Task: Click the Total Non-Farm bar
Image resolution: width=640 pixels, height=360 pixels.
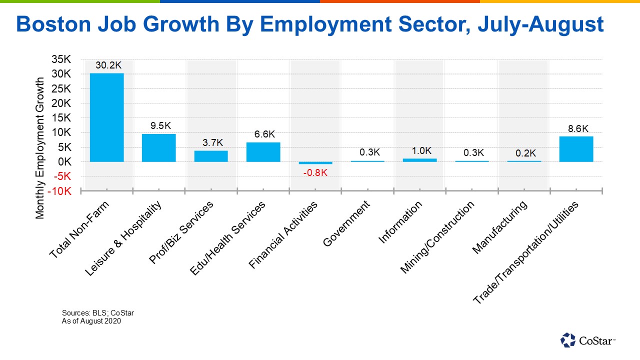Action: pos(106,117)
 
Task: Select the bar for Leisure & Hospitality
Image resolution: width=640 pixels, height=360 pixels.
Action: pos(158,147)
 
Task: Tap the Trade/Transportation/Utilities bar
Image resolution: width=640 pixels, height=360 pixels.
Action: pos(576,149)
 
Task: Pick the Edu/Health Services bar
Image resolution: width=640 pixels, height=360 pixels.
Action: pos(263,152)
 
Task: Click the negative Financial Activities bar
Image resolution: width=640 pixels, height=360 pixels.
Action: pos(315,163)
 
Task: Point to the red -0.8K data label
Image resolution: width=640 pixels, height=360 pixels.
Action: pos(315,173)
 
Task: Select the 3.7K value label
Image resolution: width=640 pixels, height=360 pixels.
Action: pos(210,142)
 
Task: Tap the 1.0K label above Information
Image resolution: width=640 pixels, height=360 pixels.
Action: pos(419,150)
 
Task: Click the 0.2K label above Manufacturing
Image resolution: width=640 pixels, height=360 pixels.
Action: pos(524,152)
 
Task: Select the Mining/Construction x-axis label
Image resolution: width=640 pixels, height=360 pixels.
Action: pos(437,237)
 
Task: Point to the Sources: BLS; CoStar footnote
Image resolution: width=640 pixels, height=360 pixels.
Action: pos(94,313)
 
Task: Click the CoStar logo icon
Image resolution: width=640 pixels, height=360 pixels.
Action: pos(568,340)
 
